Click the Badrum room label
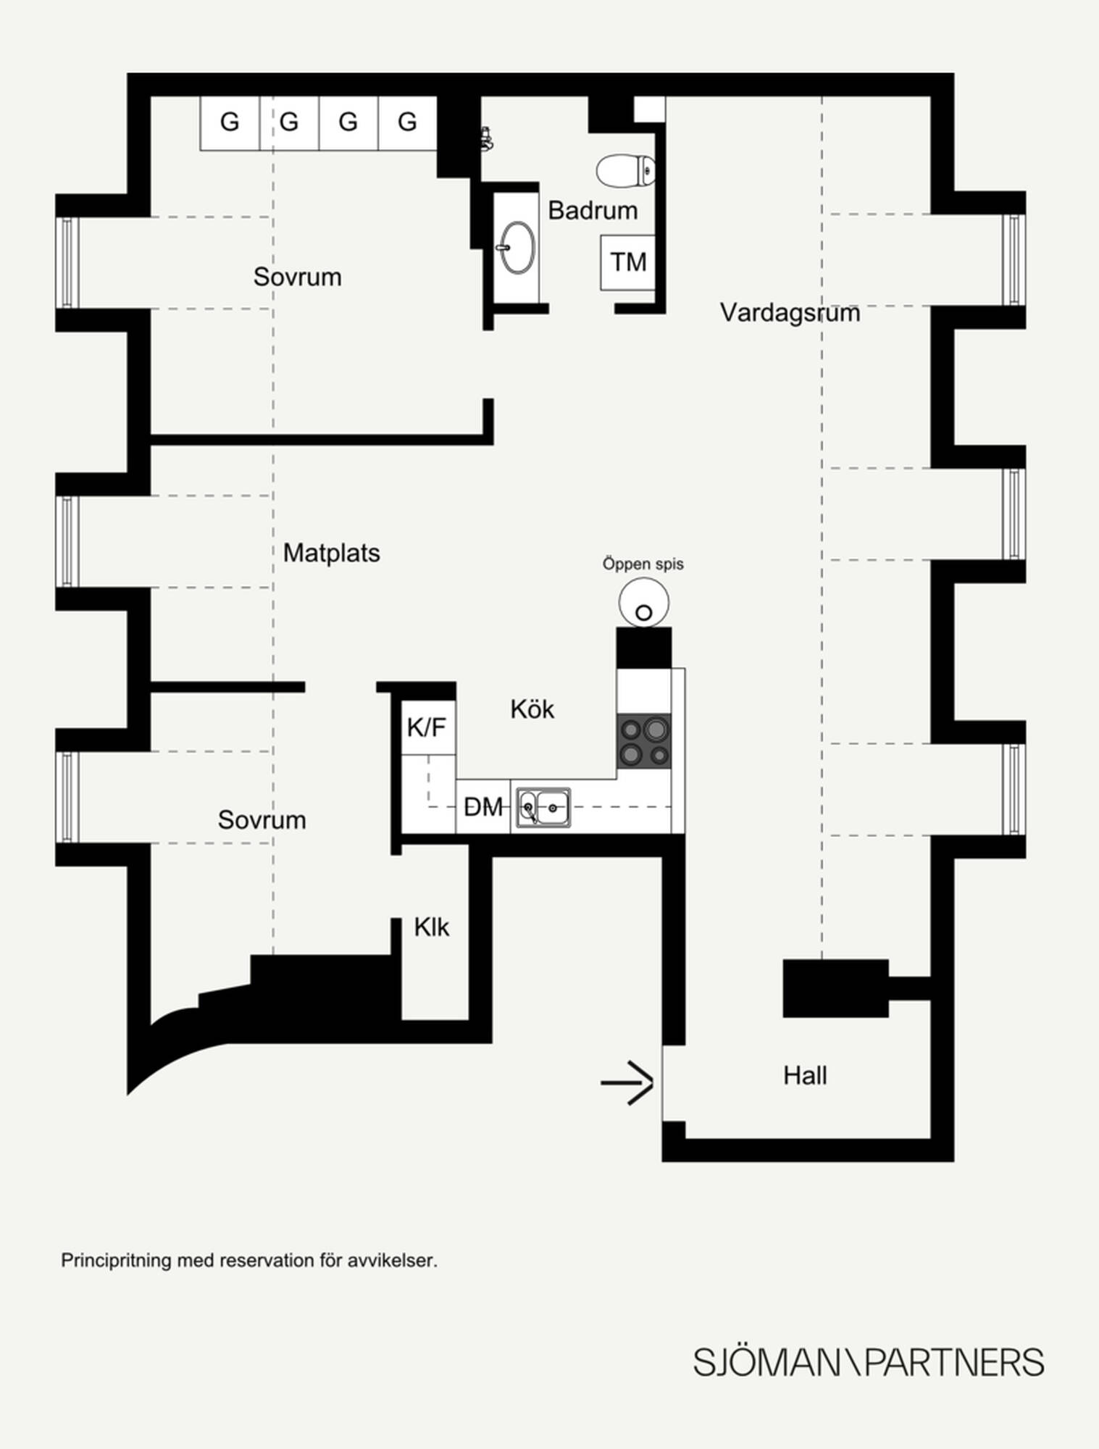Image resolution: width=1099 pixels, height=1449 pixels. [x=593, y=211]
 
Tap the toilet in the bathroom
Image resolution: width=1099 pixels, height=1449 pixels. [x=626, y=170]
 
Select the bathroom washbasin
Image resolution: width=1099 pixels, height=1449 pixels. [x=517, y=247]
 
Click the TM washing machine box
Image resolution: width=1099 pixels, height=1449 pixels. [x=627, y=262]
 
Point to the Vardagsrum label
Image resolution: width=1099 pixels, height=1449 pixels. [x=790, y=313]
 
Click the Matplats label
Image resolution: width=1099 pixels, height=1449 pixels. [x=331, y=553]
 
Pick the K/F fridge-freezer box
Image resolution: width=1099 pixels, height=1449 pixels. [x=428, y=727]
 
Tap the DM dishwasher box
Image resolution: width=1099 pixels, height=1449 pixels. [x=483, y=806]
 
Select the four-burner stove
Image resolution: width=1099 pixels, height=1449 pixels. [x=644, y=741]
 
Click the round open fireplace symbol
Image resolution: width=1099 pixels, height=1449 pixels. [x=643, y=603]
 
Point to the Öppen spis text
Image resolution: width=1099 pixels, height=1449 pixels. [x=643, y=564]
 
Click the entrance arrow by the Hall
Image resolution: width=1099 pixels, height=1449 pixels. [x=627, y=1083]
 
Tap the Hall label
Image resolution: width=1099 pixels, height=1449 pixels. [x=805, y=1076]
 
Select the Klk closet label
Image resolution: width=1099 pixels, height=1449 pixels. [x=432, y=927]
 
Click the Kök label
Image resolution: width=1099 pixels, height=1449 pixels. [x=532, y=709]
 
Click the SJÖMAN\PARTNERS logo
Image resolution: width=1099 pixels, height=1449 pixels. [x=869, y=1363]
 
